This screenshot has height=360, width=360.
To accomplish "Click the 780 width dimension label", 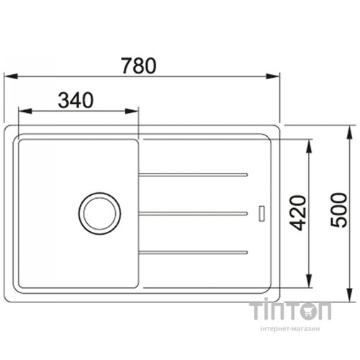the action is pos(139,66).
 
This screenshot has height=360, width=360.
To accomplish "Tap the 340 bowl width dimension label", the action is pos(76,100).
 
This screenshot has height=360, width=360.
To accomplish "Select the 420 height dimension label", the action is pos(297,213).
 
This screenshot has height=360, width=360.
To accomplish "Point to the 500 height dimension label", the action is pos(338,210).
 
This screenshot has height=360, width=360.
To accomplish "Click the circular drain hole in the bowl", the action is pos(99,213).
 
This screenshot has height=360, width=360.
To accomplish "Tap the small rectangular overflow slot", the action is pos(262,213).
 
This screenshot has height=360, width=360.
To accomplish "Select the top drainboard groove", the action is pos(193,175).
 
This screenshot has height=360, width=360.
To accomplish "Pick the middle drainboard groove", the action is pos(193,213).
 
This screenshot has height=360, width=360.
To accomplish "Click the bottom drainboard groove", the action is pos(193,252).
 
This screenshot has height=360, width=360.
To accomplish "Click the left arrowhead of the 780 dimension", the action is pos(11,76).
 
